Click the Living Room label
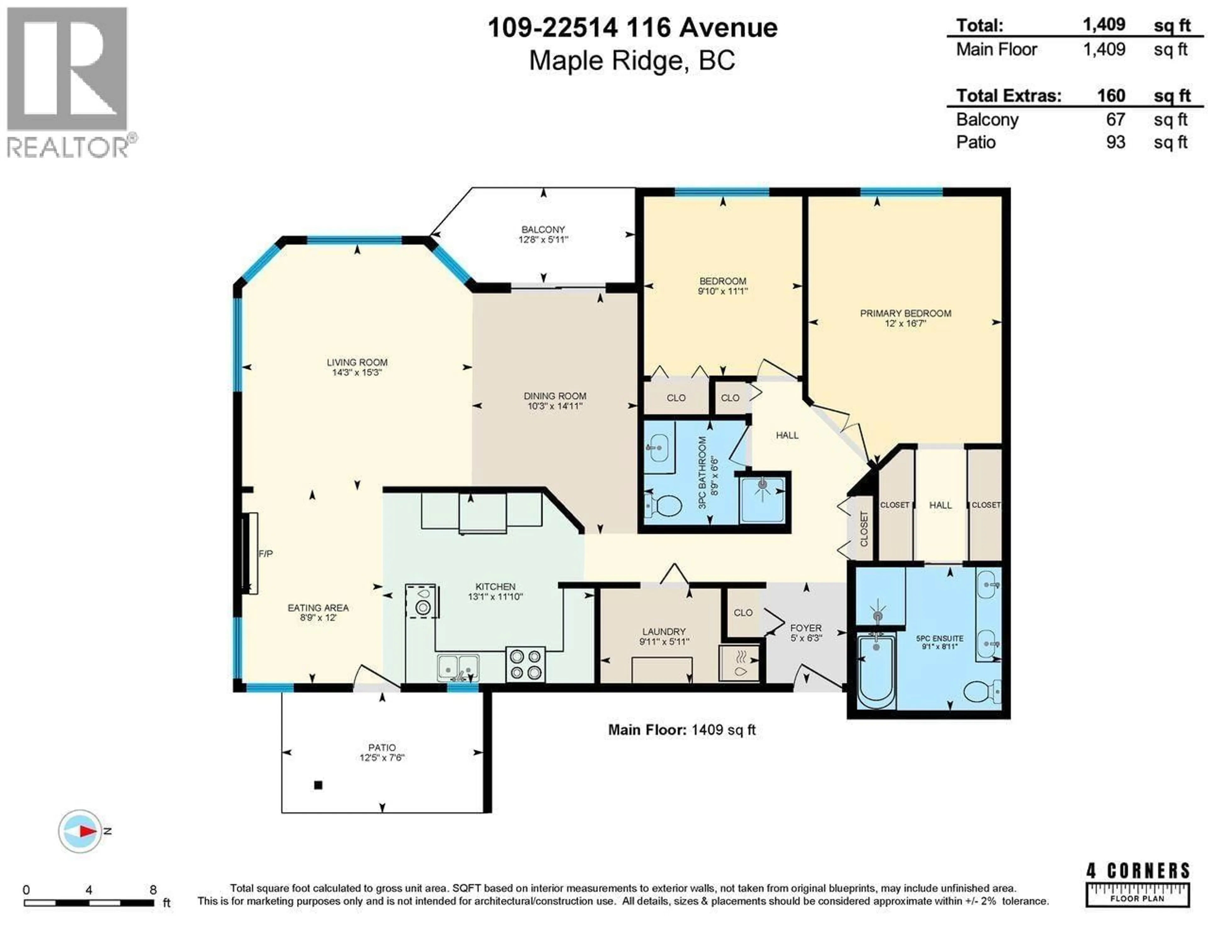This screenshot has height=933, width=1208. [357, 362]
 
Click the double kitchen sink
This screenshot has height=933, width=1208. [458, 668]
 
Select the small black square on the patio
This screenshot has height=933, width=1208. [318, 785]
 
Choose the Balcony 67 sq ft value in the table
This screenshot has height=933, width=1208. [1116, 119]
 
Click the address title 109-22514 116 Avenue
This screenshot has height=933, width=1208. [632, 28]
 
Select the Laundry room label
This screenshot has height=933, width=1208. [664, 631]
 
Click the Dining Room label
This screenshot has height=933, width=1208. [555, 396]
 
